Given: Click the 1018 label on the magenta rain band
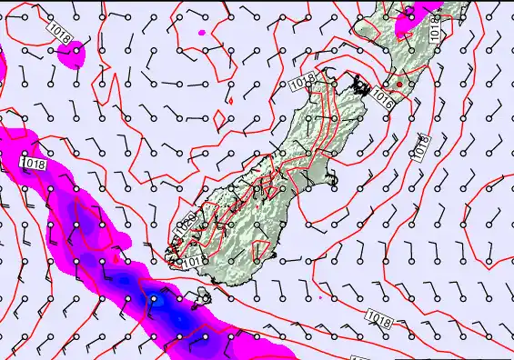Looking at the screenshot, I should (x=34, y=163).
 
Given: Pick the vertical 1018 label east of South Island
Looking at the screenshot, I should (x=421, y=145).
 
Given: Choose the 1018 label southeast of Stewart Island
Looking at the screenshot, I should (x=381, y=316).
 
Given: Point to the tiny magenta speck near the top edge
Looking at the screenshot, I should (x=202, y=34).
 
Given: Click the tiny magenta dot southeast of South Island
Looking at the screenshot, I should (x=320, y=296).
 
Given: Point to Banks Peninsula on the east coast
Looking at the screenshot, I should (x=333, y=179).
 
